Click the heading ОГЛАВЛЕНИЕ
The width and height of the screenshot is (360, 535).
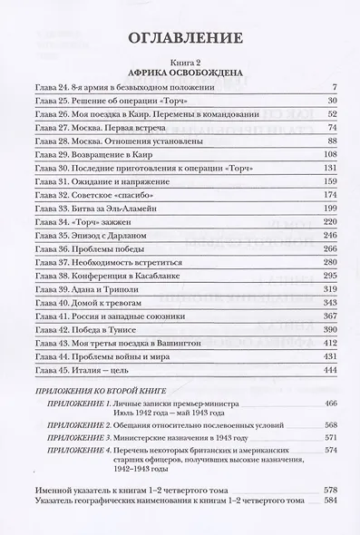(179, 38)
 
